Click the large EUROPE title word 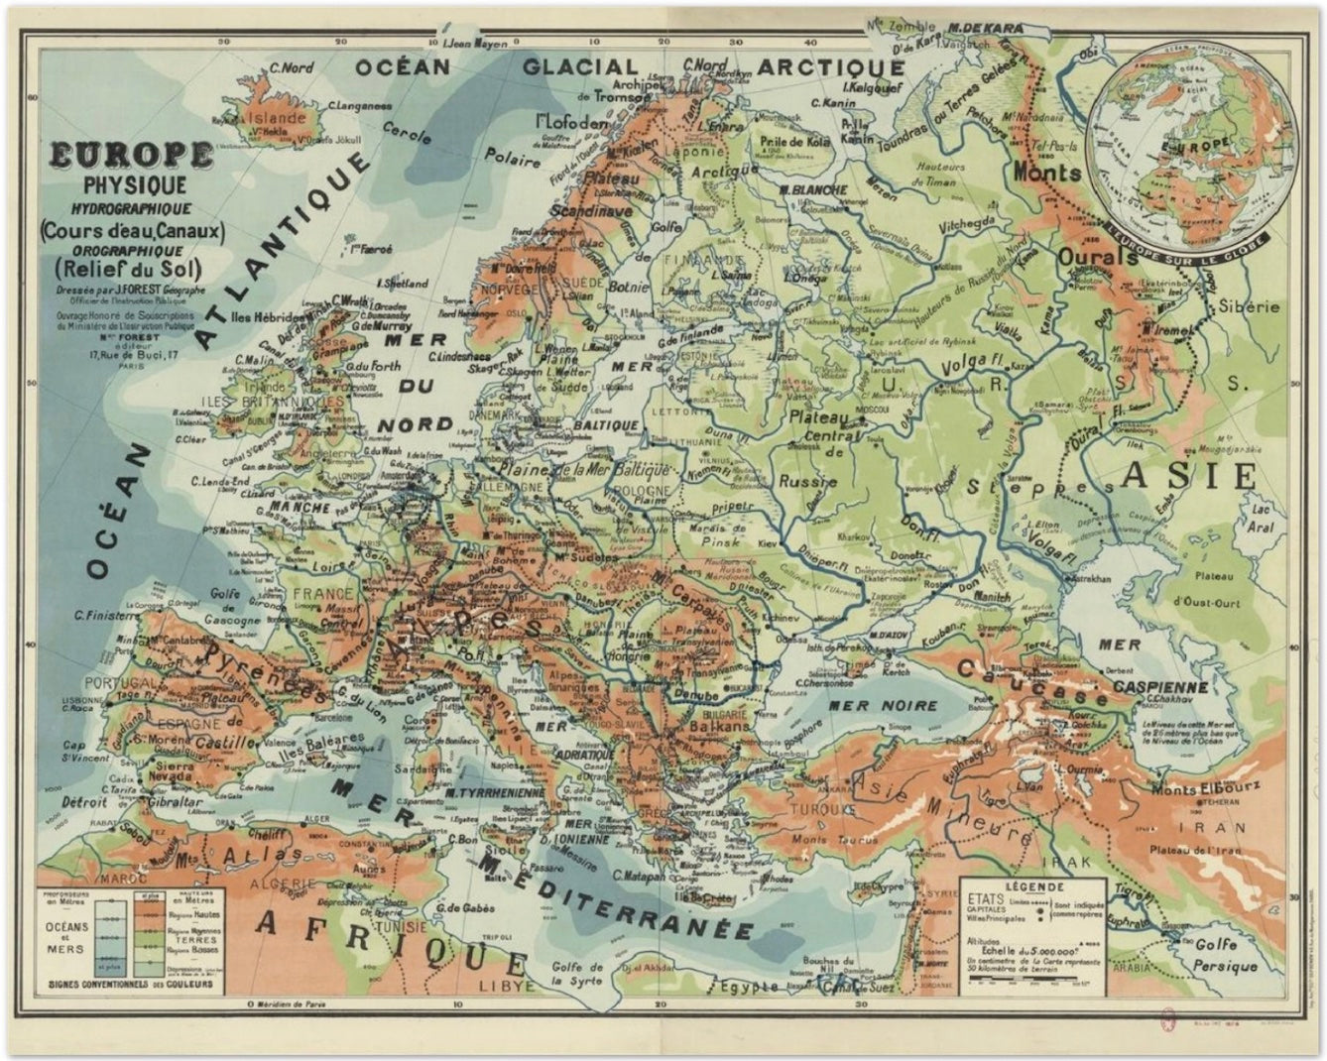130,156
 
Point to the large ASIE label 1188,476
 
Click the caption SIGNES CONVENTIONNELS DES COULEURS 135,984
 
